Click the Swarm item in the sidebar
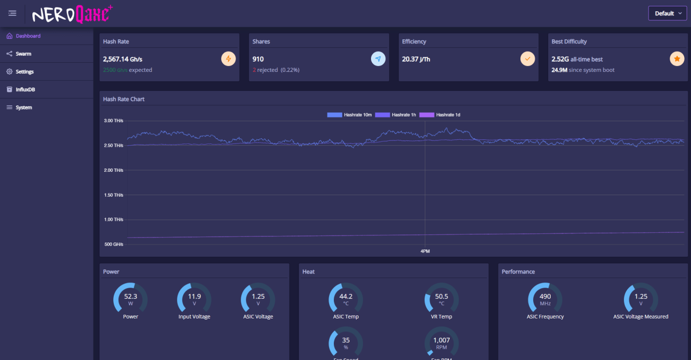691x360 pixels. [23, 54]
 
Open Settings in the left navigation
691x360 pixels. [24, 72]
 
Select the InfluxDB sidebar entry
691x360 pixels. [25, 89]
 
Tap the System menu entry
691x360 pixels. [23, 107]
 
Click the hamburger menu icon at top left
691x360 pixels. [12, 13]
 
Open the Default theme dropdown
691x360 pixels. [667, 13]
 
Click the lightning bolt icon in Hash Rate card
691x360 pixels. [229, 59]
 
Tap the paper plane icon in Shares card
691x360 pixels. [378, 59]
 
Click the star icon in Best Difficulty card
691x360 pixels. [677, 59]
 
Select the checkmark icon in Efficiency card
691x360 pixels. [527, 59]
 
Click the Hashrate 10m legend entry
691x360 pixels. [349, 115]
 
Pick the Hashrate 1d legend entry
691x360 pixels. [440, 115]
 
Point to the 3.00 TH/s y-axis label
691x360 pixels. [113, 121]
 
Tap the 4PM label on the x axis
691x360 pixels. [425, 251]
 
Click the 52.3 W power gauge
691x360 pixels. [130, 299]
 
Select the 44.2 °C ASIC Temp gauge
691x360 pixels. [345, 299]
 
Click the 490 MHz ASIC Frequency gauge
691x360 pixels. [545, 299]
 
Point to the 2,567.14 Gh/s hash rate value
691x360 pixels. [122, 59]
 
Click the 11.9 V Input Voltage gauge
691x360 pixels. [194, 299]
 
